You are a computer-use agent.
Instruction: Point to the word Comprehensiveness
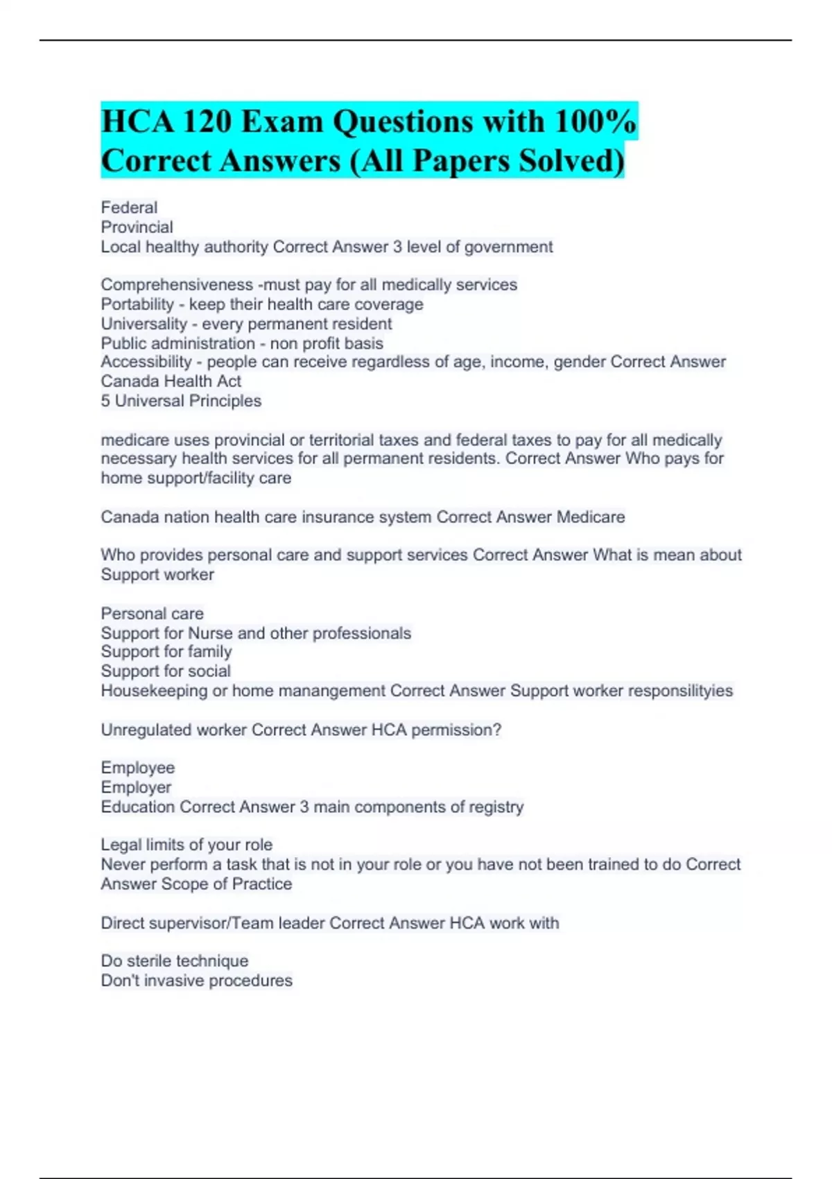tap(177, 284)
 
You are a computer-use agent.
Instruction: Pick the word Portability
tap(137, 304)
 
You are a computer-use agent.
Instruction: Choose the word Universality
tap(144, 324)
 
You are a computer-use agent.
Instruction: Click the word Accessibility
tap(146, 362)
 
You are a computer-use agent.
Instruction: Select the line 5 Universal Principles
tap(181, 401)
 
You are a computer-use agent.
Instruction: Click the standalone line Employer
tap(136, 788)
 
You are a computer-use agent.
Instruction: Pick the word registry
tap(496, 807)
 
